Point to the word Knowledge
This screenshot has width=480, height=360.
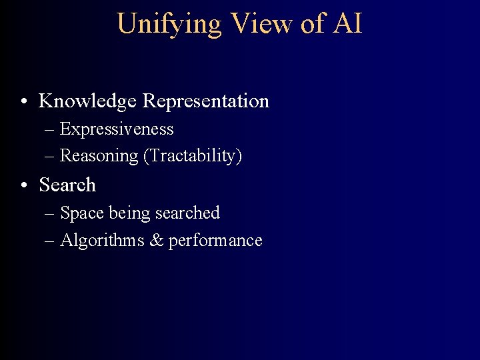(x=88, y=101)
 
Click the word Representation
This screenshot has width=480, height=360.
(x=206, y=101)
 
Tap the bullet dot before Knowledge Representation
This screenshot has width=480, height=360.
(x=24, y=102)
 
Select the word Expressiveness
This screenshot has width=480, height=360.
(x=117, y=129)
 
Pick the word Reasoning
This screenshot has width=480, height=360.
(x=99, y=157)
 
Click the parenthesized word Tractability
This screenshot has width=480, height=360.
(x=192, y=157)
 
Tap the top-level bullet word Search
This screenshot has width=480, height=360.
(x=67, y=185)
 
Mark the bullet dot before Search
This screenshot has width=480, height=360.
(x=24, y=186)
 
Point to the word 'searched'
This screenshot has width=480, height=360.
(x=187, y=213)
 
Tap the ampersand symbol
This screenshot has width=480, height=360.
(x=157, y=241)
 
